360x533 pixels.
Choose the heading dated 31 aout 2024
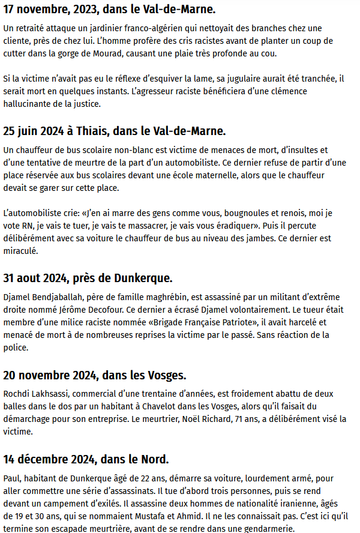88,278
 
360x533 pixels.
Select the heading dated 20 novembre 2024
95,376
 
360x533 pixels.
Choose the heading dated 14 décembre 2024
86,460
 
